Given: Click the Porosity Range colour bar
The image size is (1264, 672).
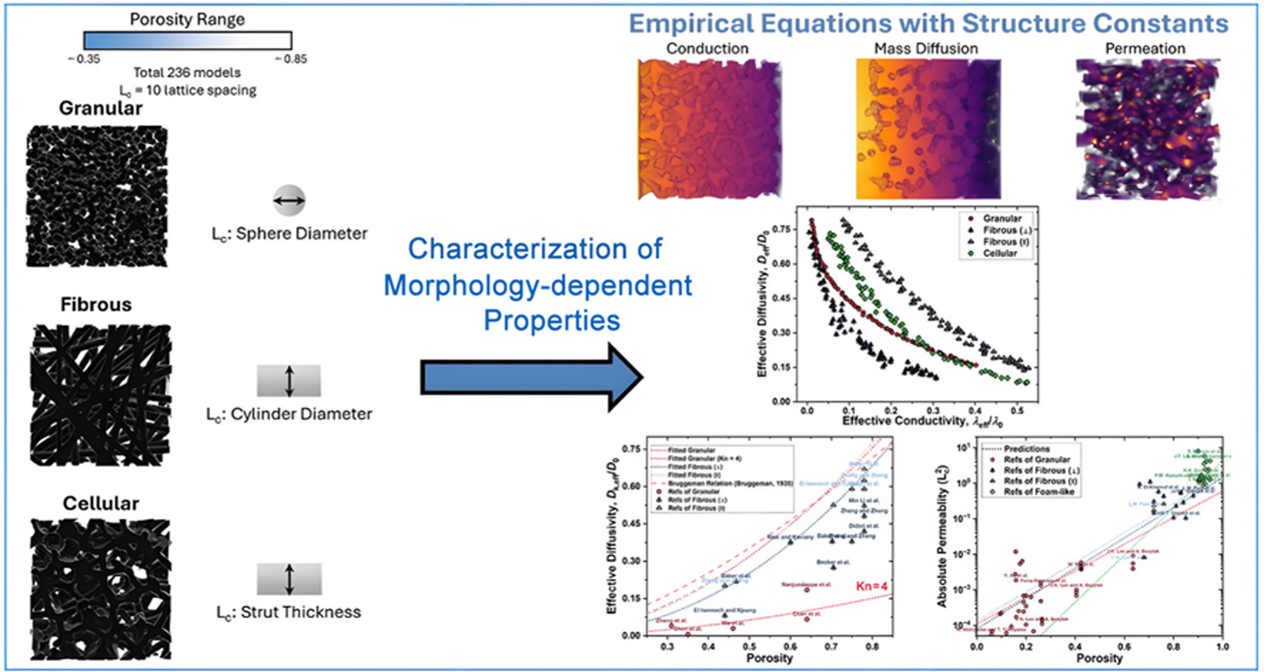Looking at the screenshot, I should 187,41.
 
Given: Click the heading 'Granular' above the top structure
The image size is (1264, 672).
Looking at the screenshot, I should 101,108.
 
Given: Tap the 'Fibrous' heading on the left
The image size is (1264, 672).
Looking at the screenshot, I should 96,305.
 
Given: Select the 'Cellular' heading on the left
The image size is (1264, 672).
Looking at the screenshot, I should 101,504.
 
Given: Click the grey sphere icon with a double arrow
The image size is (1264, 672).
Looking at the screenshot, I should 289,201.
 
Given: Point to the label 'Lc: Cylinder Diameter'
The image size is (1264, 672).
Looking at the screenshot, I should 289,414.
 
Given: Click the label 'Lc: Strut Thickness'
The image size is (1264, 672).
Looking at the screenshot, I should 289,612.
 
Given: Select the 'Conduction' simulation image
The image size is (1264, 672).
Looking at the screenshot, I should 709,129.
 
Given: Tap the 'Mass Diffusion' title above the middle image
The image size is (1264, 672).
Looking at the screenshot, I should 926,49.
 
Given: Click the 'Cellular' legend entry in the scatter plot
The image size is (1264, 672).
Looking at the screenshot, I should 999,253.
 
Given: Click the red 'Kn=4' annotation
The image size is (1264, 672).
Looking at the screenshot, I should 871,586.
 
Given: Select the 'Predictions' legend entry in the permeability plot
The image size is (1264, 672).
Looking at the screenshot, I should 1027,449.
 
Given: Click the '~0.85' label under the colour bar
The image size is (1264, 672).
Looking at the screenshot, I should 290,59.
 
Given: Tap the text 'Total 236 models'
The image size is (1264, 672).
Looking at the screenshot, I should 187,73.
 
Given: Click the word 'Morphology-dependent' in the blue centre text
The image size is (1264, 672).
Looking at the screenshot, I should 538,285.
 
